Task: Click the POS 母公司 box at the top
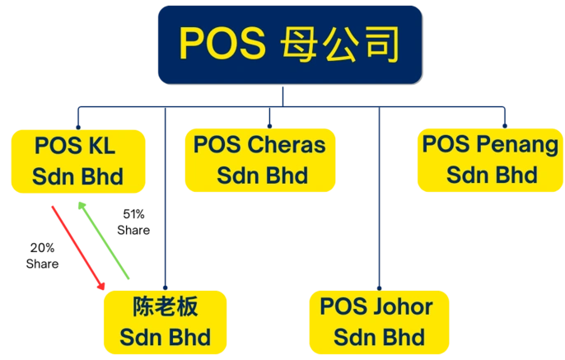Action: point(290,44)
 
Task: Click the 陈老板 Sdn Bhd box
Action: point(166,322)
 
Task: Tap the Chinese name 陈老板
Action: point(165,307)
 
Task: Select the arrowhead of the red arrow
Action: point(102,285)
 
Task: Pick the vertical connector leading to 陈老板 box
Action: point(168,206)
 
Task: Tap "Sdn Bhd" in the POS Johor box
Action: point(379,337)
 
